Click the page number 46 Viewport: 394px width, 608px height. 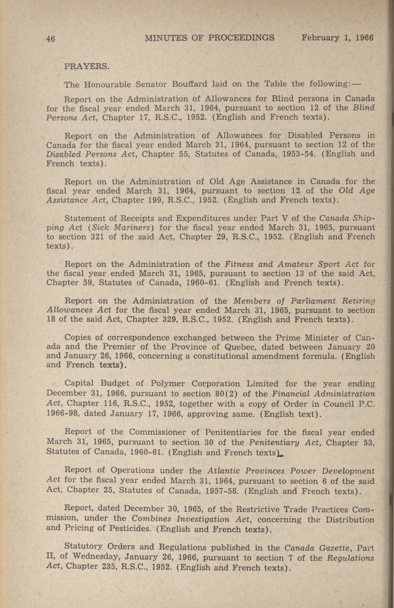pyautogui.click(x=51, y=39)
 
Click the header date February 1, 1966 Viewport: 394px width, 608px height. pyautogui.click(x=337, y=38)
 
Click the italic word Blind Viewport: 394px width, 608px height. pyautogui.click(x=364, y=107)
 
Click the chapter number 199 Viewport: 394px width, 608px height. pyautogui.click(x=155, y=200)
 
